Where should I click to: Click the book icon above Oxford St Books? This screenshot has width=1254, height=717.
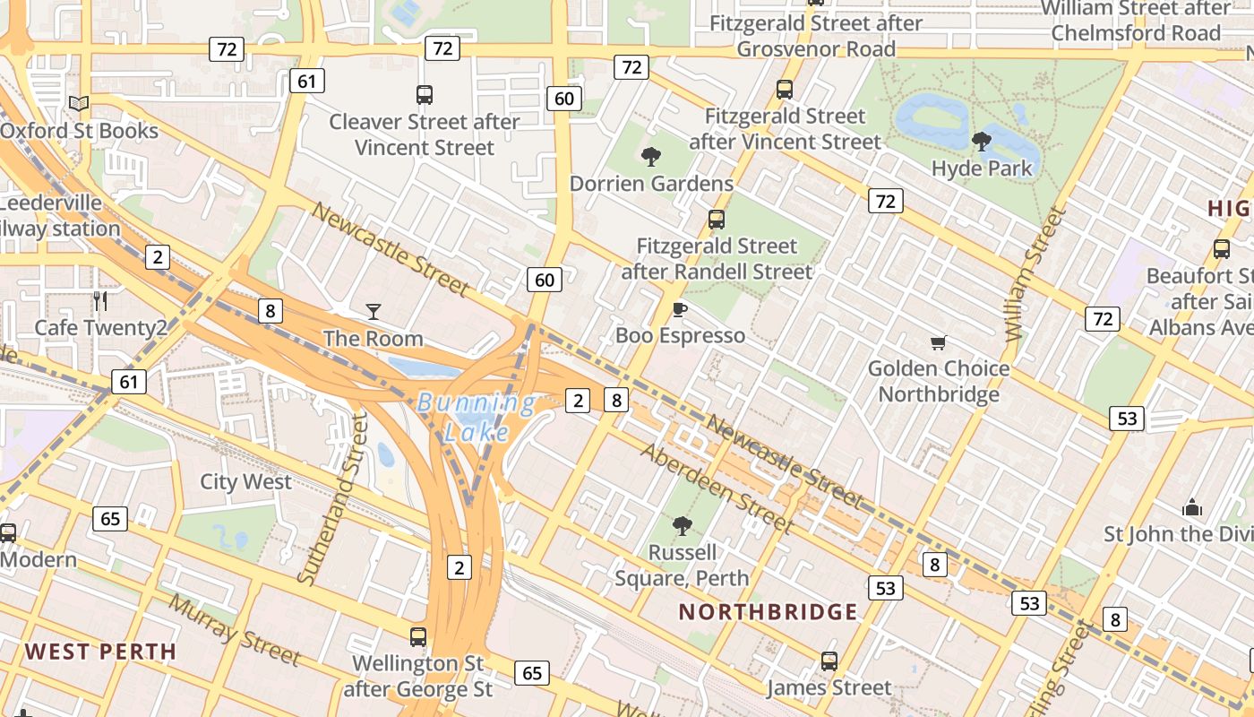[79, 103]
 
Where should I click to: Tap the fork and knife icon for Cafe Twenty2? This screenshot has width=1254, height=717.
[100, 300]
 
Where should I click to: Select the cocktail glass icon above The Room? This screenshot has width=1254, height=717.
[374, 311]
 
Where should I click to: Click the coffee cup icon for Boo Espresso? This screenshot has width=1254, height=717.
[680, 309]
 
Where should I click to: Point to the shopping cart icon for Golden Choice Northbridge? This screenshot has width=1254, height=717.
[938, 341]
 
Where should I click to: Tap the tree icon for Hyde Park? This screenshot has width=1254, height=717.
[982, 141]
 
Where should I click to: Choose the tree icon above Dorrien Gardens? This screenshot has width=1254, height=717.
[651, 157]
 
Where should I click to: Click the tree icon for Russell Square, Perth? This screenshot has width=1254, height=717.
[683, 525]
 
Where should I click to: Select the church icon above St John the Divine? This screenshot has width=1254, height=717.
[1191, 507]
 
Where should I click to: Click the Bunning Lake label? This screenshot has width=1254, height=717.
[477, 418]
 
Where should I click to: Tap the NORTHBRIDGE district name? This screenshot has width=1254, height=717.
[768, 612]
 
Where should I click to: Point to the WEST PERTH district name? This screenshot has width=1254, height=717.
[100, 652]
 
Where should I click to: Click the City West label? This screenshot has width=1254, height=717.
[245, 481]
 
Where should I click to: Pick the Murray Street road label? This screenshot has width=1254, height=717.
[235, 630]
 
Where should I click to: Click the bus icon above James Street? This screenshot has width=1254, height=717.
[829, 661]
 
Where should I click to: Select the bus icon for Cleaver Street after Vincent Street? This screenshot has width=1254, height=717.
[425, 94]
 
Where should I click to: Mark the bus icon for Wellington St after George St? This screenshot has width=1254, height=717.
[418, 637]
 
